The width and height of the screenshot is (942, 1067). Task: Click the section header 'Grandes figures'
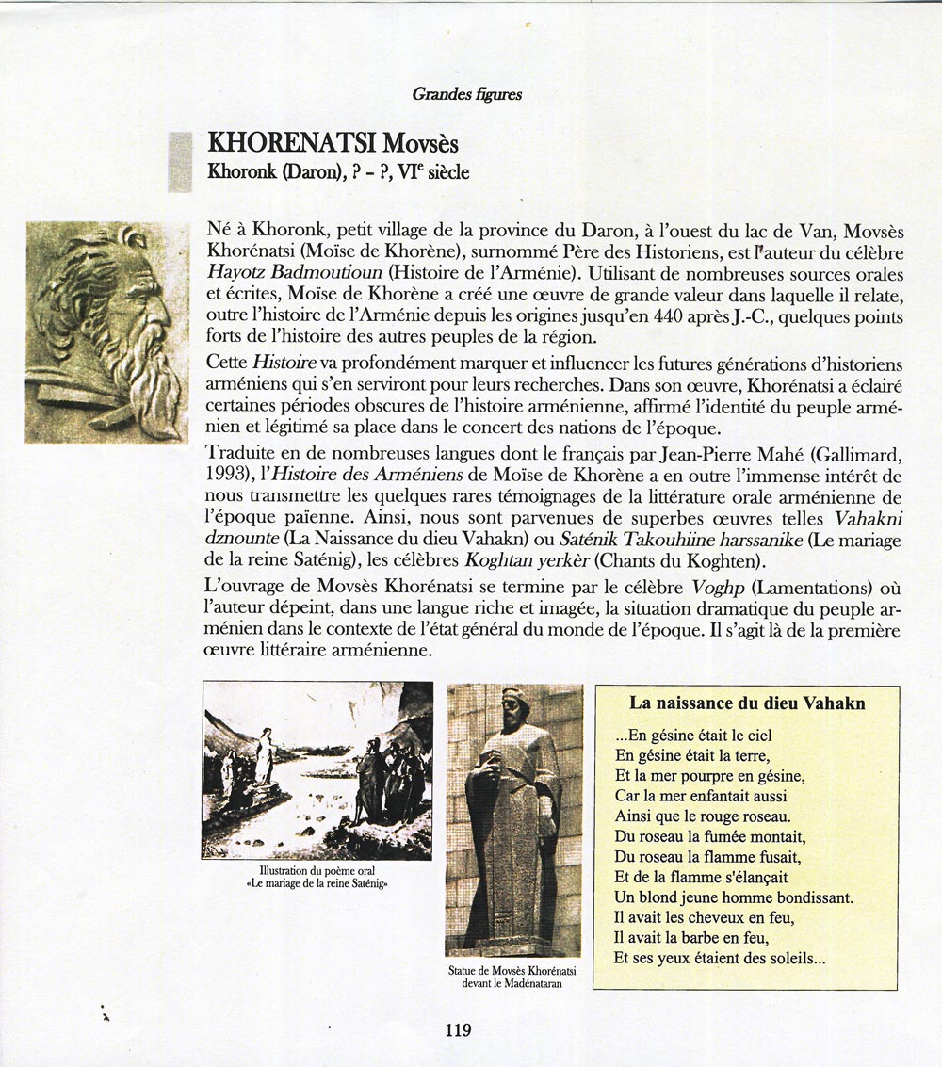click(x=467, y=94)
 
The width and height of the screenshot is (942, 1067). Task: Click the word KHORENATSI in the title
click(x=292, y=143)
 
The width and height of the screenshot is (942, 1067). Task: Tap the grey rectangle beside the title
click(x=179, y=162)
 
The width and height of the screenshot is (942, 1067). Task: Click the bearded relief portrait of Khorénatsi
click(x=106, y=331)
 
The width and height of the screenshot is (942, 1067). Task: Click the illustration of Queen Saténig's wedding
click(x=317, y=769)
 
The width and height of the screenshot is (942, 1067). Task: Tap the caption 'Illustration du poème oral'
click(x=317, y=871)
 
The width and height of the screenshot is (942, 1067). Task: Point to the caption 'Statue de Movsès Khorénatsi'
click(x=513, y=970)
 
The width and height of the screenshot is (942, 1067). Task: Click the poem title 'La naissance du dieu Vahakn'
click(x=747, y=703)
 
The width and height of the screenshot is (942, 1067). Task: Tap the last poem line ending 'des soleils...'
click(x=720, y=959)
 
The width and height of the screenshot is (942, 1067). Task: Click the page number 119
click(x=458, y=1029)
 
